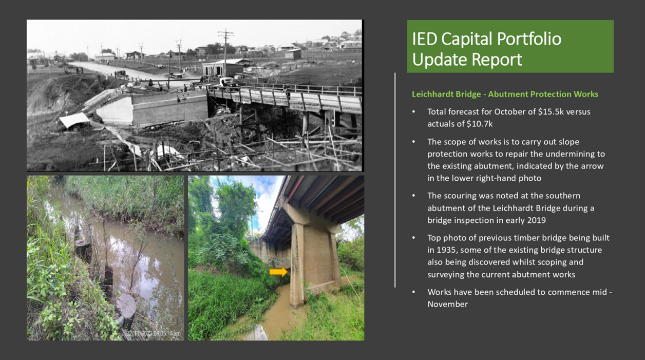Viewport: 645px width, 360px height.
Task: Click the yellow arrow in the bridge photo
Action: coord(278,272)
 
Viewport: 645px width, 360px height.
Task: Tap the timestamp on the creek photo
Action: coord(154,333)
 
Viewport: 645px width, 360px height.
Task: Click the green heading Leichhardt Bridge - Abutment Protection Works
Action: coord(505,94)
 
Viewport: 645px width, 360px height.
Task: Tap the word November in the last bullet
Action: coord(448,304)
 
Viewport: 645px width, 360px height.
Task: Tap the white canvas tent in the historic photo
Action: coord(74,120)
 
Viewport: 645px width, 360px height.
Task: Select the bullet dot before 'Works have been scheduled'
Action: coord(414,292)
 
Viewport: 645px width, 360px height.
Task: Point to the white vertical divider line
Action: coord(395,180)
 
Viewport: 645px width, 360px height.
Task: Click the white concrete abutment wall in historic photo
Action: coord(115,110)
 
